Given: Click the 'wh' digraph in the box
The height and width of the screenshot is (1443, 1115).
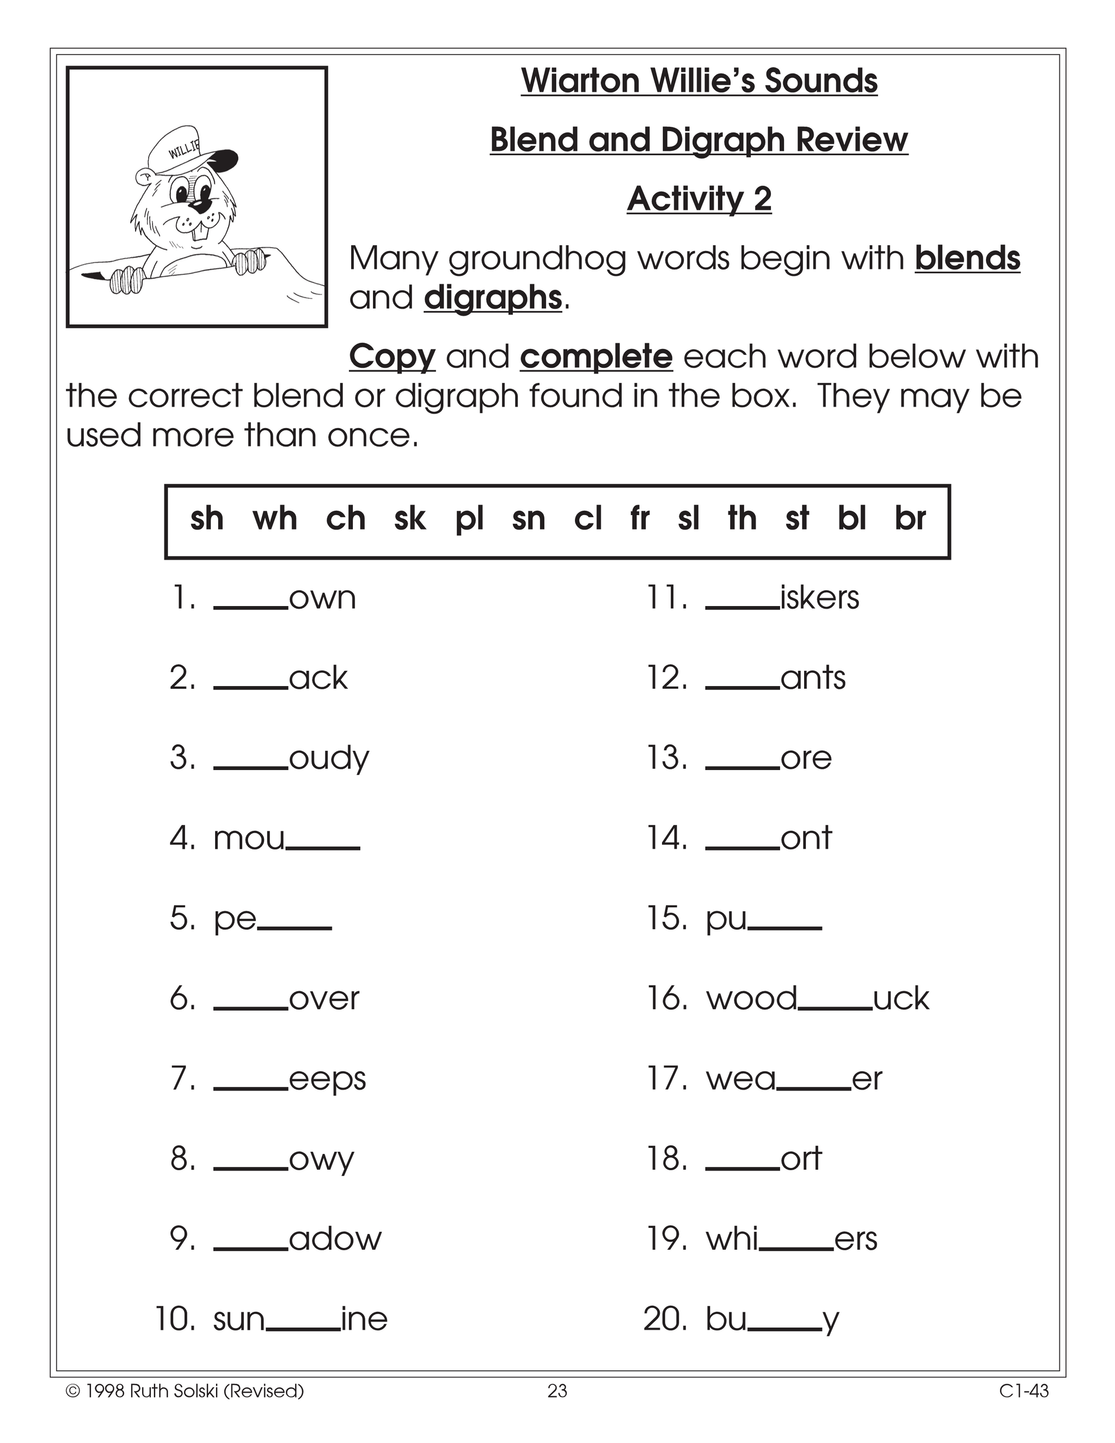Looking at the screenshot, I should [275, 518].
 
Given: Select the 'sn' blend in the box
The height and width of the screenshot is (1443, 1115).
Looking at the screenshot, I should [529, 518].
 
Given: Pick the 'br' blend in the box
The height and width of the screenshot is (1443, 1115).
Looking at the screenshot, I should [910, 518].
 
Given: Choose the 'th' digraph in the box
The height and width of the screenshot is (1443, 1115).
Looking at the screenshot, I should [742, 518].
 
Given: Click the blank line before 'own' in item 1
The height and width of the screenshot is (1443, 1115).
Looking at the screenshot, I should [250, 607].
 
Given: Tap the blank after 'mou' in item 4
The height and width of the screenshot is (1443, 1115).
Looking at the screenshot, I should [323, 847].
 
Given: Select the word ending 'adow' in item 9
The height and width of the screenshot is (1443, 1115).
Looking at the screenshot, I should [335, 1239].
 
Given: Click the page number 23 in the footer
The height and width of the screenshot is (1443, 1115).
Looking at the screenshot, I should [557, 1391].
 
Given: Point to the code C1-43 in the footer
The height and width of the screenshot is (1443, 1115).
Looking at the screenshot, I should [1023, 1391].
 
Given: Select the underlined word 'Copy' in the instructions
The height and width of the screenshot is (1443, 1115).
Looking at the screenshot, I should [391, 357].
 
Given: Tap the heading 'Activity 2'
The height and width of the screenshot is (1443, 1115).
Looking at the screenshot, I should [699, 199].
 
